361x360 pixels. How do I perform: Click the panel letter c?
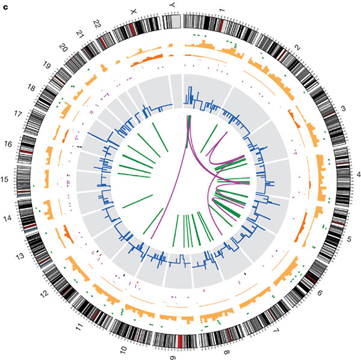5,7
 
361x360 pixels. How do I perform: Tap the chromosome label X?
133,11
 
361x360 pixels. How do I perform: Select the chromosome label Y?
171,5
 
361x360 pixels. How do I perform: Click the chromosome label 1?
221,10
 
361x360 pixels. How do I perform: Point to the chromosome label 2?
298,47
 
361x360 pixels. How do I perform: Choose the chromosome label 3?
344,108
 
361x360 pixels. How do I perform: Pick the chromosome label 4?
358,175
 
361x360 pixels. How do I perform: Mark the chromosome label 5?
349,239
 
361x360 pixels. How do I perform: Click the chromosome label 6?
320,293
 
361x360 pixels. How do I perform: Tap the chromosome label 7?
276,331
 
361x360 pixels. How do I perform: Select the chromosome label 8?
227,352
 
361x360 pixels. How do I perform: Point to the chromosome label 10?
123,350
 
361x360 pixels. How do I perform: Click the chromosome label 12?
44,293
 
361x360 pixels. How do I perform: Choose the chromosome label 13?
20,256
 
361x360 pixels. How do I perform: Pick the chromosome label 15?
5,179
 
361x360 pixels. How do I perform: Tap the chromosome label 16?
8,144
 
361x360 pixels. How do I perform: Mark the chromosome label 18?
31,88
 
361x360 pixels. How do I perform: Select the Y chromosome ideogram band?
171,22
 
